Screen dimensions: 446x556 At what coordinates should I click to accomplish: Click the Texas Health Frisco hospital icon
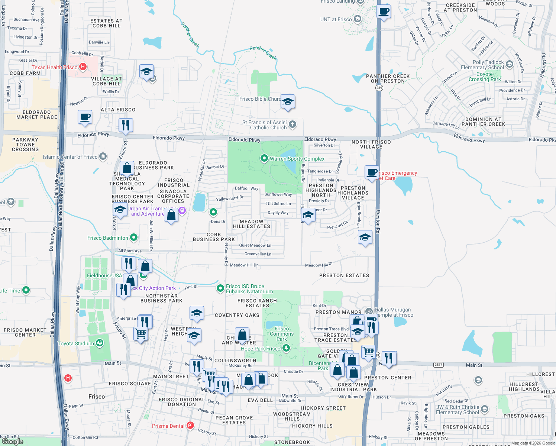[83, 67]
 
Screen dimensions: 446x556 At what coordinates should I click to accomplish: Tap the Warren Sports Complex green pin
[264, 159]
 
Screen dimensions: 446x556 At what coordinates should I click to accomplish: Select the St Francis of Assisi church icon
[292, 125]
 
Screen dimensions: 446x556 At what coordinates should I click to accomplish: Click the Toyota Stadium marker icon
[99, 343]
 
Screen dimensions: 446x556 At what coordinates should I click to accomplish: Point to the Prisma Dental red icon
[190, 426]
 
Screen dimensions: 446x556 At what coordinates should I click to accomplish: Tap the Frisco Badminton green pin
[134, 237]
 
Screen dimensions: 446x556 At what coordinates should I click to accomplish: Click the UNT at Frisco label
[336, 19]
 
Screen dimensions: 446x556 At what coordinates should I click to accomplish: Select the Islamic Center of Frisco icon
[103, 156]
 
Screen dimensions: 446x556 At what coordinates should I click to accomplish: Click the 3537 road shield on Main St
[439, 365]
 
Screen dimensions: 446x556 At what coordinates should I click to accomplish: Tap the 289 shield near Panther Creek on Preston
[379, 88]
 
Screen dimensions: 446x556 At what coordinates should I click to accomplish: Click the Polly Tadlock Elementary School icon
[510, 64]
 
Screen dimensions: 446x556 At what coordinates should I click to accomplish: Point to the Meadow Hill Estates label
[252, 224]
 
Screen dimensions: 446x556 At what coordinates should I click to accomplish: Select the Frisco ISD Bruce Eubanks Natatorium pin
[220, 288]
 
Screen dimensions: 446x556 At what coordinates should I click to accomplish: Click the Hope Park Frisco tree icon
[286, 348]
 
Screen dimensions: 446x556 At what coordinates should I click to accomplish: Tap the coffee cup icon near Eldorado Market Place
[85, 117]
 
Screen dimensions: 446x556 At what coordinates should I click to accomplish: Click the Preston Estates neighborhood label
[344, 275]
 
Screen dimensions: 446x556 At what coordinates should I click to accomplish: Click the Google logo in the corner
[13, 441]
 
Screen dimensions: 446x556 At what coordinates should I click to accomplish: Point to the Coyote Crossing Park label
[485, 77]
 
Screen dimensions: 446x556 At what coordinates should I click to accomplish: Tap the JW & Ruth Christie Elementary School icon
[484, 410]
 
